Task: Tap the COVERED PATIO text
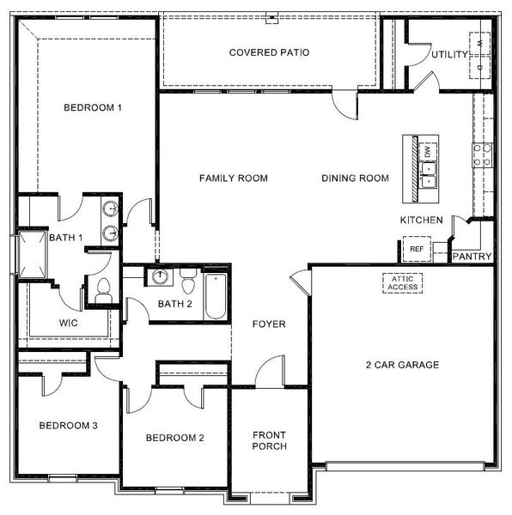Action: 269,53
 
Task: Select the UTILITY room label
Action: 449,55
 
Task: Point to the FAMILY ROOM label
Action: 234,179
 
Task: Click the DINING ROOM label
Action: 356,179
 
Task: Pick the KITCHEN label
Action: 422,221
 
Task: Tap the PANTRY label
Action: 472,256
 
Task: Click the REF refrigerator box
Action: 417,250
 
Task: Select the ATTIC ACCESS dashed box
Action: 402,282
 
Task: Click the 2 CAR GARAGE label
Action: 402,365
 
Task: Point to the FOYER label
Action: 269,324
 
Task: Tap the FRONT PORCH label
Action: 269,440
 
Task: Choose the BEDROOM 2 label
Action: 175,439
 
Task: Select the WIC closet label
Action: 69,324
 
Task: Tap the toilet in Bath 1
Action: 104,290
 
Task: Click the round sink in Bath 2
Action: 159,277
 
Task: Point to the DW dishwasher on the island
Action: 428,152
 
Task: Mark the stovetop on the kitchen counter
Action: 482,154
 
